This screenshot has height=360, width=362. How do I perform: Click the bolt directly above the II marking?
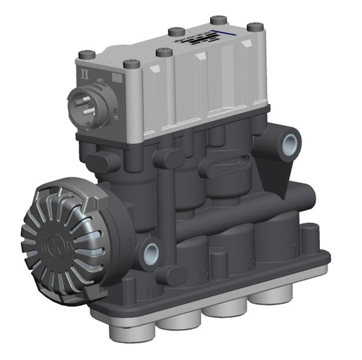86,55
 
